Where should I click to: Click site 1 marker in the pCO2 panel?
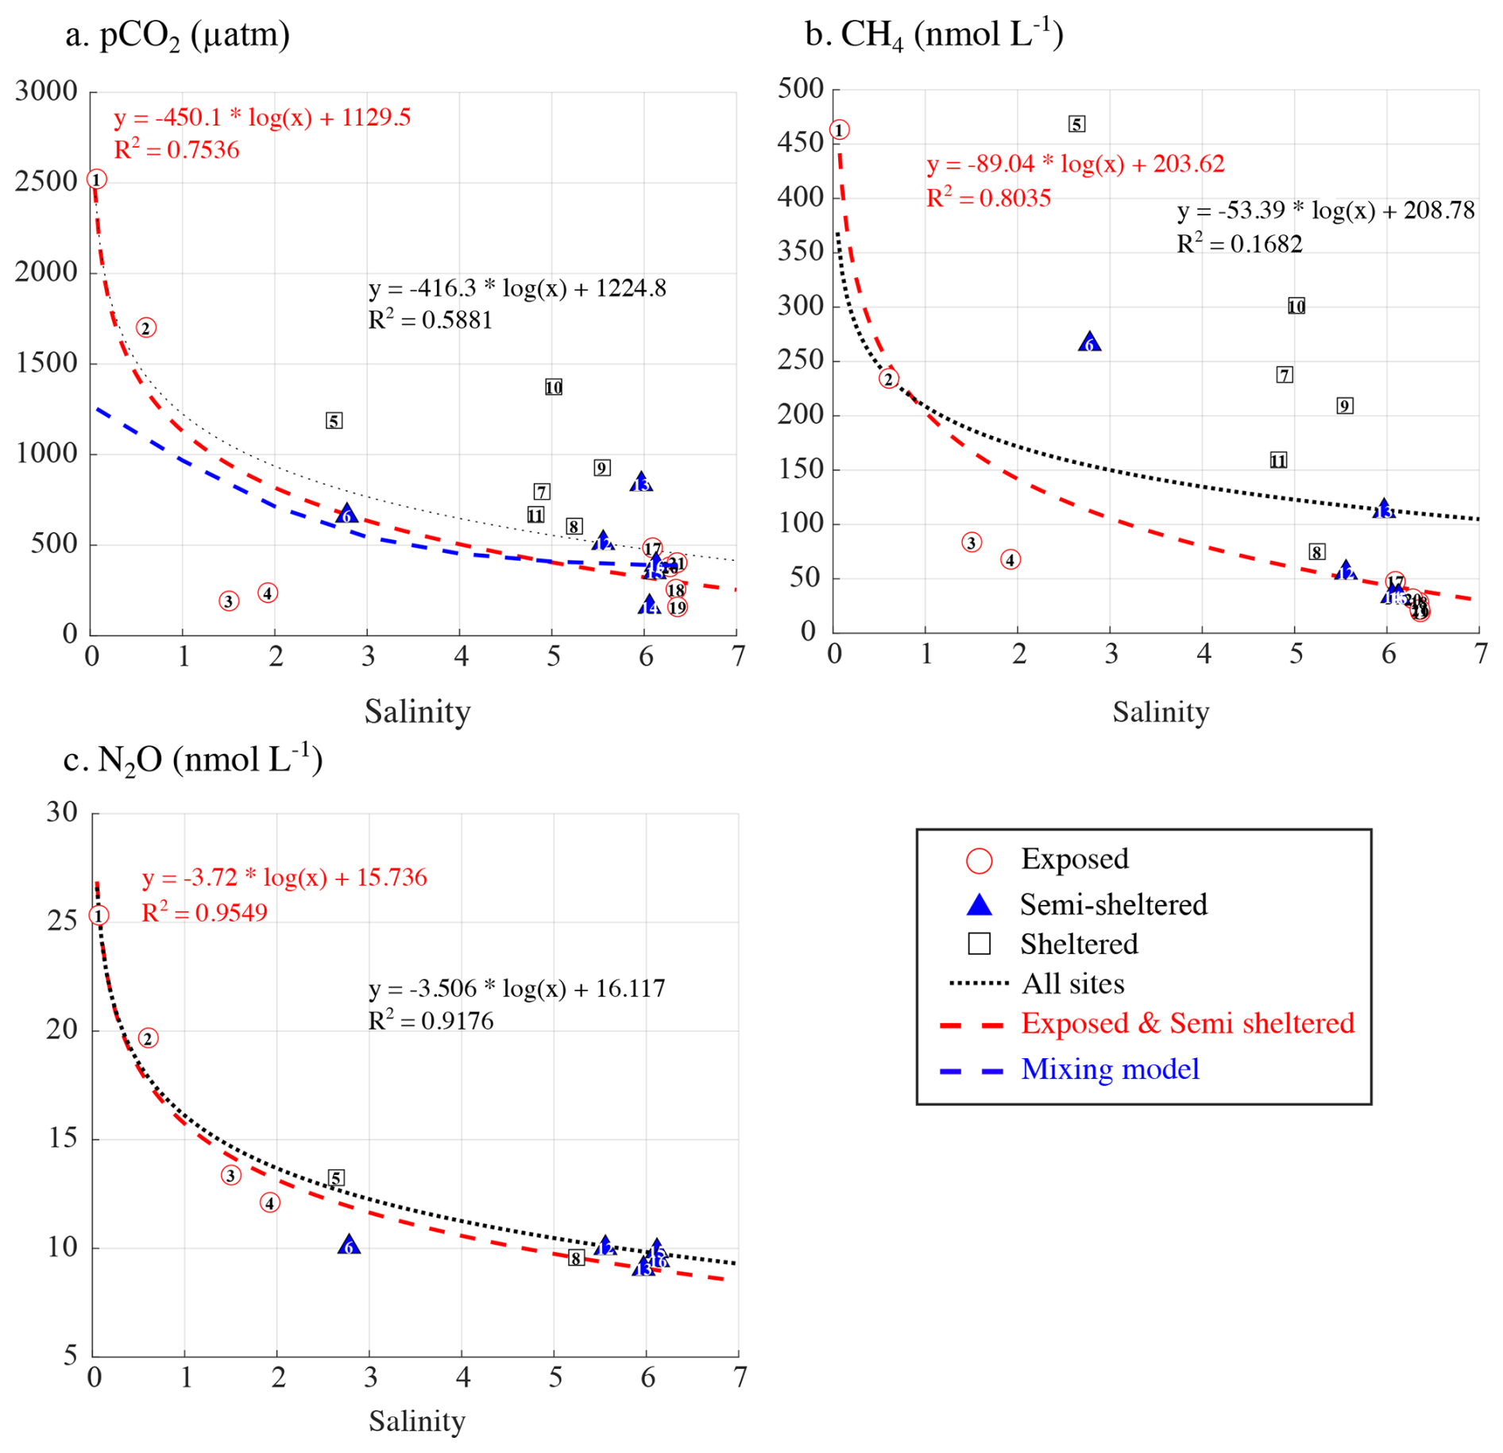click(96, 180)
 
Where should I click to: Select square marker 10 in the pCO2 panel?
click(554, 387)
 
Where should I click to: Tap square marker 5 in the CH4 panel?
click(1076, 124)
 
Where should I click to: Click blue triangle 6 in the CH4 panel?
click(1090, 342)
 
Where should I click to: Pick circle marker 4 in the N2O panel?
click(269, 1203)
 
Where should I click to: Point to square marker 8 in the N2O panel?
click(576, 1258)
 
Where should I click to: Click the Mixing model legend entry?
click(1110, 1069)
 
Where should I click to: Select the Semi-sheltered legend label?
click(1113, 904)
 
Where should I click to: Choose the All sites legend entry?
click(1072, 983)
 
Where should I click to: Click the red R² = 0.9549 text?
click(204, 912)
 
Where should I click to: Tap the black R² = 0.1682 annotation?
click(1239, 243)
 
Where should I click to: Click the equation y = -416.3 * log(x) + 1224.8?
click(517, 288)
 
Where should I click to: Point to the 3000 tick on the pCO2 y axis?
click(46, 91)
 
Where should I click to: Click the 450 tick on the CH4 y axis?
click(800, 143)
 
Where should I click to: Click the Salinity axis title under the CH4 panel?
click(1160, 712)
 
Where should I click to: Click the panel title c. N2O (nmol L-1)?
click(192, 759)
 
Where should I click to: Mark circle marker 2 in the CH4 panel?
click(889, 379)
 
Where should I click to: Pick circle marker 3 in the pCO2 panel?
click(229, 601)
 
